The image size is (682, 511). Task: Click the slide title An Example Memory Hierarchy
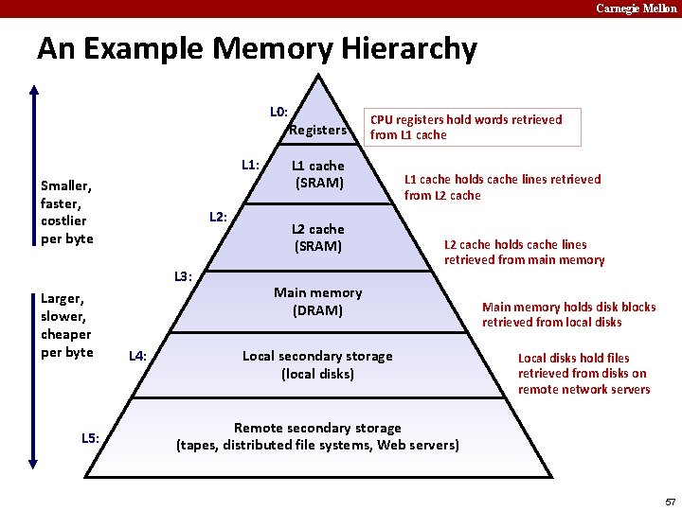click(257, 48)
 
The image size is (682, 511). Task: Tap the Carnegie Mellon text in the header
click(636, 9)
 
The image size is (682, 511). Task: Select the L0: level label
click(279, 112)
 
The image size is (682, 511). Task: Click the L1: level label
click(250, 165)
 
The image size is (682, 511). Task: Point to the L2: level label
click(218, 218)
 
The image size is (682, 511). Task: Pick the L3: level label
click(183, 277)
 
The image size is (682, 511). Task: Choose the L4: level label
click(137, 356)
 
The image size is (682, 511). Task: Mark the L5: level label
click(90, 437)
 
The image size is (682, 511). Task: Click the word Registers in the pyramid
click(317, 130)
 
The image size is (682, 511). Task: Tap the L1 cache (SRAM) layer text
click(318, 174)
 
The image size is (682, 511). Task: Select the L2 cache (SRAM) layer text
click(317, 238)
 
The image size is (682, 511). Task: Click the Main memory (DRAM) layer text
click(317, 302)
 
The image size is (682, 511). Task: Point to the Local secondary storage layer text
click(317, 364)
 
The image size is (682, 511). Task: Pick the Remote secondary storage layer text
click(317, 436)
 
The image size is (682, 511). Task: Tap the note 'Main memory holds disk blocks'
click(568, 314)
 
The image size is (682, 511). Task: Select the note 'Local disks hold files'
click(583, 373)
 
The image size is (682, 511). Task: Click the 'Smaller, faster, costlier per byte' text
click(66, 212)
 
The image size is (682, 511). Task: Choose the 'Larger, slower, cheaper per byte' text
click(66, 325)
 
